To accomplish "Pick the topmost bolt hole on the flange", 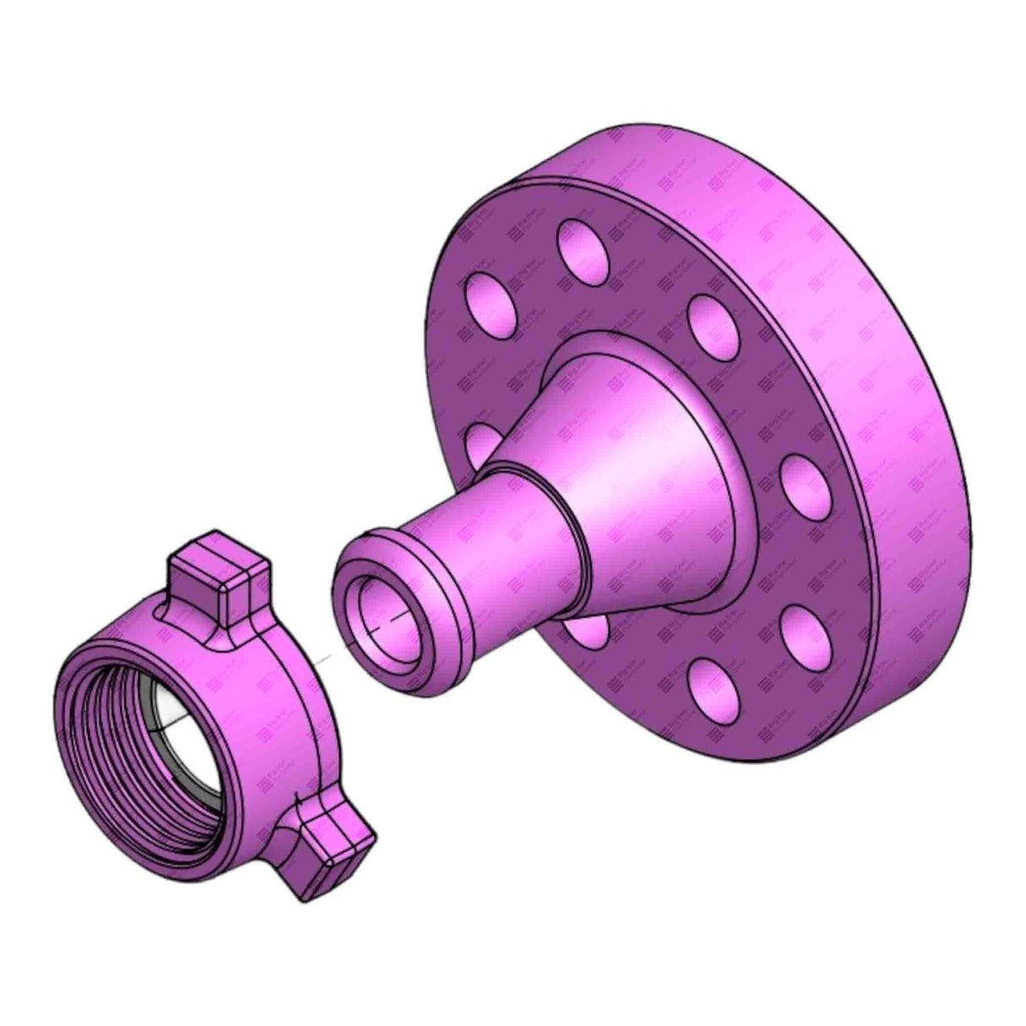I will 582,246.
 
